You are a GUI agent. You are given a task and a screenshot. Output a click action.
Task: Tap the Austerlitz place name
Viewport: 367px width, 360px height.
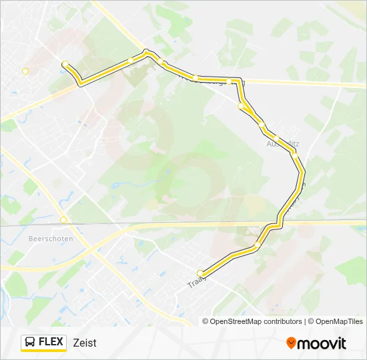pyautogui.click(x=283, y=144)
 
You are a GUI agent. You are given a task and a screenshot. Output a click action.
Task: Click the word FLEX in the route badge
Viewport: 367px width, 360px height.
pyautogui.click(x=51, y=342)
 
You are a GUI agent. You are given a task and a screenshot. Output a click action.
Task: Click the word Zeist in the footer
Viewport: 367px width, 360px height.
pyautogui.click(x=85, y=343)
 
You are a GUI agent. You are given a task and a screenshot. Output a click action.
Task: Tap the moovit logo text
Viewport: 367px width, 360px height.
pyautogui.click(x=322, y=343)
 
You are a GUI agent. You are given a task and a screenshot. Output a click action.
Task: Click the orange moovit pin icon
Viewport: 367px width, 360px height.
pyautogui.click(x=291, y=343)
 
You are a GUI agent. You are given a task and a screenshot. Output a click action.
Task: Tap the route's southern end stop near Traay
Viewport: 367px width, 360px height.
pyautogui.click(x=200, y=273)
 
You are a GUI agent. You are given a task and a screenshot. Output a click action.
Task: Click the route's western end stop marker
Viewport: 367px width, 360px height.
pyautogui.click(x=65, y=65)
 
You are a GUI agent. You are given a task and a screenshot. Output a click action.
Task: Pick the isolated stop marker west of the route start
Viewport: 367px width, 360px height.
pyautogui.click(x=25, y=71)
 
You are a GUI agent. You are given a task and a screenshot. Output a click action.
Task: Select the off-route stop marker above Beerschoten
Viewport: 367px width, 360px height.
pyautogui.click(x=63, y=219)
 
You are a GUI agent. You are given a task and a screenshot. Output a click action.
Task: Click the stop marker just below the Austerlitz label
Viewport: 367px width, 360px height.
pyautogui.click(x=293, y=155)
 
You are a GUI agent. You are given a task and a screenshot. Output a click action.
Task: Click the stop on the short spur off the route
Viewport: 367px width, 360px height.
pyautogui.click(x=241, y=106)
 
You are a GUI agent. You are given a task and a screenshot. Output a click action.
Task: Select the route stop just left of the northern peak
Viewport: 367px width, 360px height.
pyautogui.click(x=131, y=60)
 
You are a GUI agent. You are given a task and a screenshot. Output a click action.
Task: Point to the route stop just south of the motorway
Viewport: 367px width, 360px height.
pyautogui.click(x=257, y=246)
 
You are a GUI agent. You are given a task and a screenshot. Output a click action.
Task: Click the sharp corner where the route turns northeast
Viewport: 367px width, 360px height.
pyautogui.click(x=81, y=83)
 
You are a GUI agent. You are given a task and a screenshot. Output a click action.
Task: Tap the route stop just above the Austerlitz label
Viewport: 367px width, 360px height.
pyautogui.click(x=276, y=138)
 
